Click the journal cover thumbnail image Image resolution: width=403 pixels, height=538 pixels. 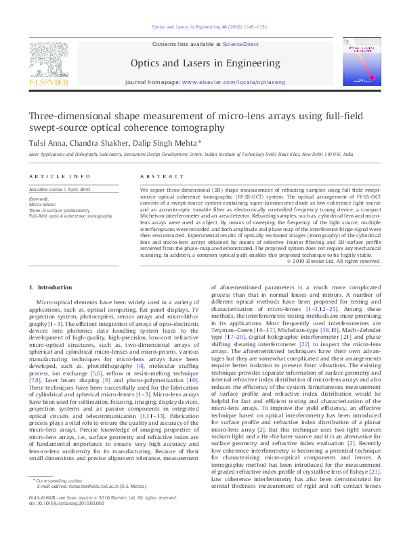pyautogui.click(x=362, y=61)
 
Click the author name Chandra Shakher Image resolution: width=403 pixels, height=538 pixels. pyautogui.click(x=104, y=142)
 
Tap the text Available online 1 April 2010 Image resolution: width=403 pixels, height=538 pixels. pyautogui.click(x=59, y=190)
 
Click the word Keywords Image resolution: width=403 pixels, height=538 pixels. pyautogui.click(x=39, y=199)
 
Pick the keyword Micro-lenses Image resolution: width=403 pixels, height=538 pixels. pyautogui.click(x=43, y=204)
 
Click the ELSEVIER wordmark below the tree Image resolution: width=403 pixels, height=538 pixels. pyautogui.click(x=48, y=83)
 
